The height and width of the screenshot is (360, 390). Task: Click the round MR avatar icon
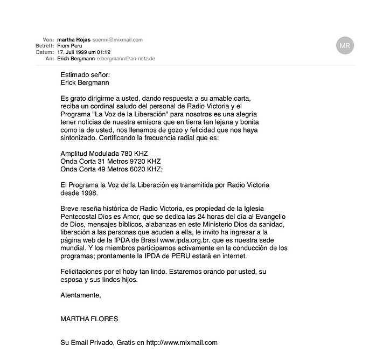point(345,46)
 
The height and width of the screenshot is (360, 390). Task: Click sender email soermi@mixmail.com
point(117,40)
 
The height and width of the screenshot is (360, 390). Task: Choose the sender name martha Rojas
point(73,40)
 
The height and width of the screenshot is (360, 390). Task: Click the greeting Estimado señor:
point(85,75)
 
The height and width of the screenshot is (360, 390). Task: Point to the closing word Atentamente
point(80,295)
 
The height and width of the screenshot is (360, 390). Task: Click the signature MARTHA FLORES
point(89,319)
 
